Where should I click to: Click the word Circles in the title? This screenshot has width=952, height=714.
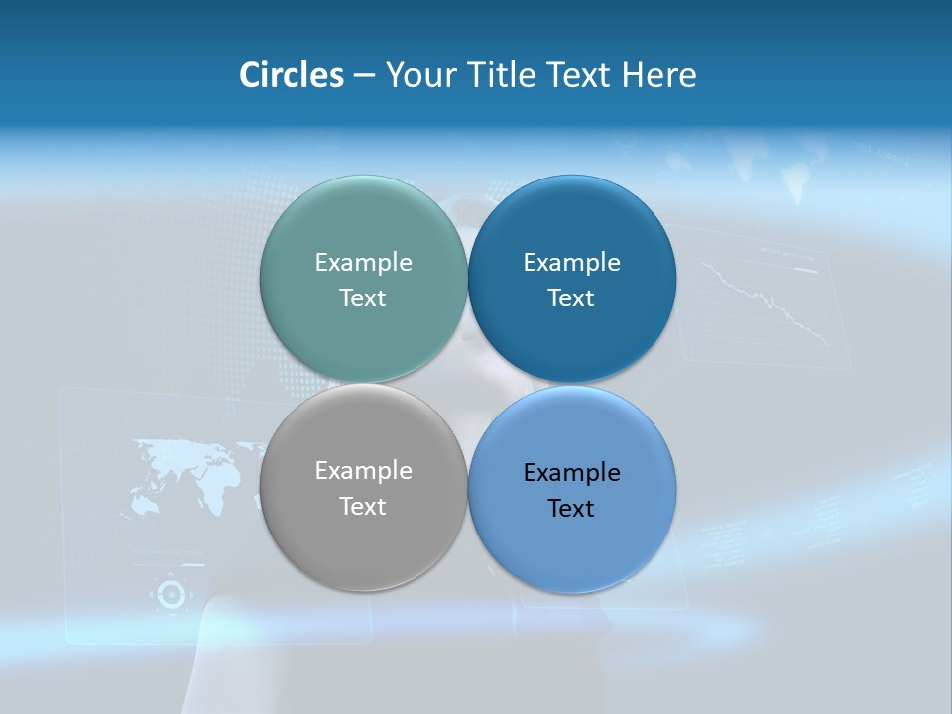tap(291, 75)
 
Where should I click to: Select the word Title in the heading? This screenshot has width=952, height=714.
tap(501, 75)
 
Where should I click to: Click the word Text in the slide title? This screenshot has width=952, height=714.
tap(580, 75)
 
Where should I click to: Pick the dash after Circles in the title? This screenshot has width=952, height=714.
tap(364, 76)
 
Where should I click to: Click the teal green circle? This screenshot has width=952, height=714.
tap(363, 228)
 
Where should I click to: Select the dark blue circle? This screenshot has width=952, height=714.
tap(571, 228)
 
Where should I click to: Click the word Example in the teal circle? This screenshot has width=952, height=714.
tap(363, 262)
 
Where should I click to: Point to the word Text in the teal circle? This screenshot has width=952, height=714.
tap(363, 297)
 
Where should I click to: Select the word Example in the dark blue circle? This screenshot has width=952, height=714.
tap(571, 262)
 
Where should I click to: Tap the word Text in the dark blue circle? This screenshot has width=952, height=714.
tap(571, 297)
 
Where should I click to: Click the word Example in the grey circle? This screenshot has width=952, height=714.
tap(363, 470)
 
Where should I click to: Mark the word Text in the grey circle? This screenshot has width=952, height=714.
tap(363, 506)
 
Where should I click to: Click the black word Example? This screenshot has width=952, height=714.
tap(571, 472)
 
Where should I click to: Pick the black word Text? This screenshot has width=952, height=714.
tap(571, 508)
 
